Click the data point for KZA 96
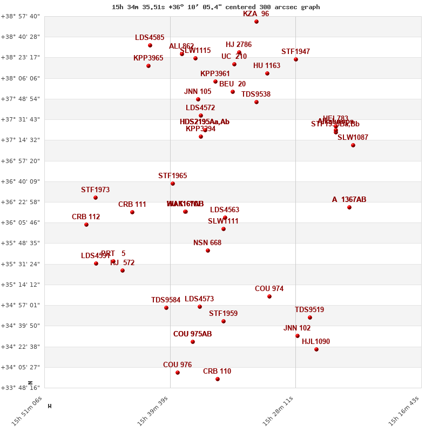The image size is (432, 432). click(x=256, y=22)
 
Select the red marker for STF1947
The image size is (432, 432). click(x=296, y=59)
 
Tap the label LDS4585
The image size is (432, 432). click(x=150, y=38)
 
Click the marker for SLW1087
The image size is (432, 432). click(x=353, y=145)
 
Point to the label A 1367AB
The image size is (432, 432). click(x=349, y=200)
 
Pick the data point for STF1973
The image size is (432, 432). click(x=96, y=198)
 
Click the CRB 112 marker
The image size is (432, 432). click(x=86, y=225)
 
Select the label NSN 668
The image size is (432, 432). click(x=207, y=243)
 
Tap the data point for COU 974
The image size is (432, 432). click(x=269, y=296)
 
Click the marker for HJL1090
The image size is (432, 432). click(x=316, y=349)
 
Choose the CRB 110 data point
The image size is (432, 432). click(x=218, y=379)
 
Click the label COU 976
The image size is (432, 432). click(x=177, y=365)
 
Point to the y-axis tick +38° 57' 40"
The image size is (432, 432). click(x=21, y=16)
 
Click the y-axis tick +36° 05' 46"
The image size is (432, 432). click(x=21, y=222)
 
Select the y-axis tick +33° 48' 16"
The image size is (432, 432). click(x=21, y=388)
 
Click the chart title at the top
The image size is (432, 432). click(x=216, y=7)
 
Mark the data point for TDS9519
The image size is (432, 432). click(x=310, y=318)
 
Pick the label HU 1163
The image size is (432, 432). click(x=267, y=66)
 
